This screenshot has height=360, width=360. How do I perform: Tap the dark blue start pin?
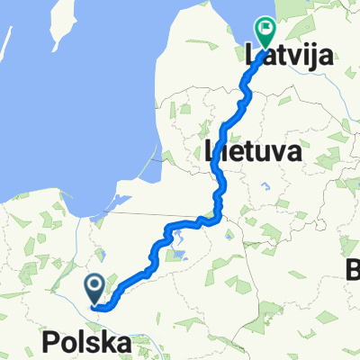[x=95, y=287]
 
